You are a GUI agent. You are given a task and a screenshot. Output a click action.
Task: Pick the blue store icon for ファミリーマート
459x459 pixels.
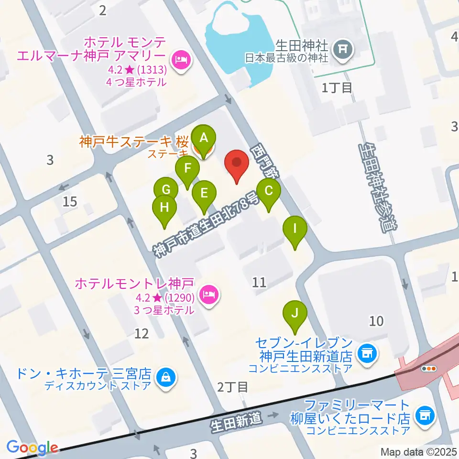click(424, 415)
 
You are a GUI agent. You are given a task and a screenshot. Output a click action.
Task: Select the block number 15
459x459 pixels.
click(70, 201)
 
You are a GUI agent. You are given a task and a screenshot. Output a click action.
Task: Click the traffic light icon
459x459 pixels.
click(428, 368)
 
